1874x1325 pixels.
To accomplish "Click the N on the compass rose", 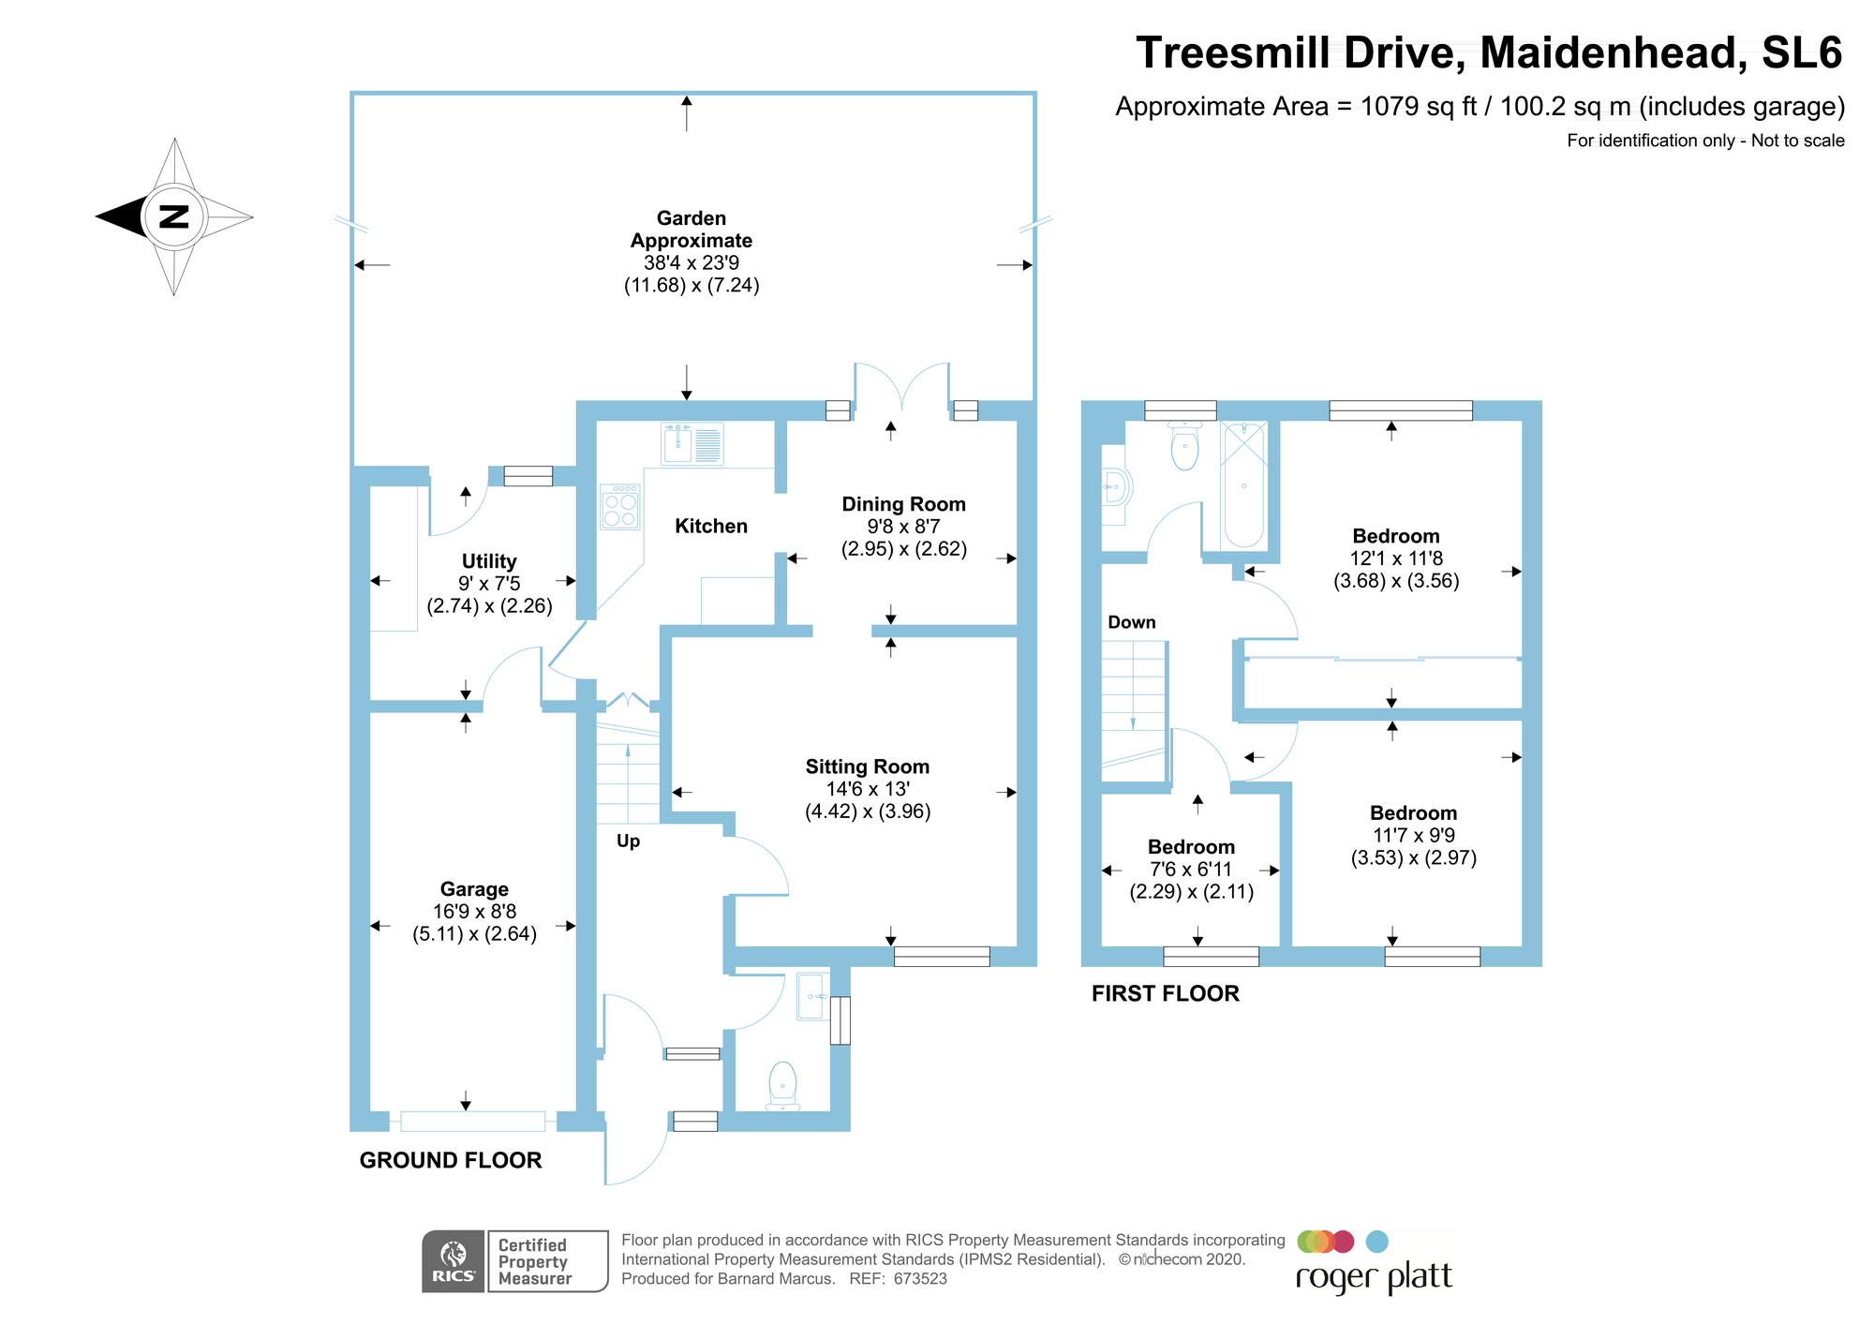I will click(x=174, y=216).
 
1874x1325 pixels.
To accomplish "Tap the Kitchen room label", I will click(x=711, y=527).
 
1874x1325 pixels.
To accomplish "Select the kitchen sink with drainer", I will click(x=692, y=444).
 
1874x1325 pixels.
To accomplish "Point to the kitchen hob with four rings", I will click(x=620, y=507).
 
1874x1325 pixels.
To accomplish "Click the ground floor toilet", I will click(x=782, y=1085).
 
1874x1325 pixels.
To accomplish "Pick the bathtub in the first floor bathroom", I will click(x=1243, y=485).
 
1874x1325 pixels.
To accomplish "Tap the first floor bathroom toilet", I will click(x=1185, y=447).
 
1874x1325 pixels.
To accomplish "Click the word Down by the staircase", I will click(x=1131, y=622).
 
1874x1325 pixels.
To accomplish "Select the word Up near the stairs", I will click(x=628, y=841).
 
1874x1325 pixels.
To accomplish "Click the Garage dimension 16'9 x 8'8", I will click(x=474, y=912).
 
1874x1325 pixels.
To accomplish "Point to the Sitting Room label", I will click(x=868, y=767).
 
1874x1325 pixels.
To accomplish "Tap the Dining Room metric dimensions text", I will click(x=903, y=549).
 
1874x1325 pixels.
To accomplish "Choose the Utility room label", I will click(x=489, y=561).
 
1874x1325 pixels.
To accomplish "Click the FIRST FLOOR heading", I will click(x=1165, y=993).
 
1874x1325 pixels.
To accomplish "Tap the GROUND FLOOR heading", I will click(x=451, y=1160).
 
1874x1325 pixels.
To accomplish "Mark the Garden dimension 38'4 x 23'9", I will click(x=692, y=263).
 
